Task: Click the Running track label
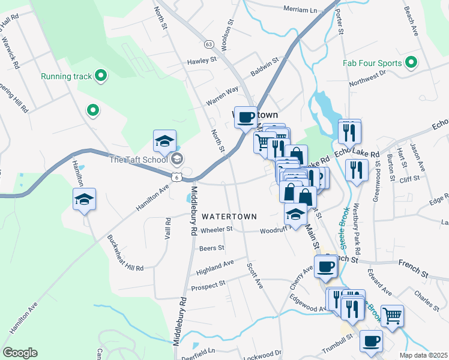pyautogui.click(x=66, y=76)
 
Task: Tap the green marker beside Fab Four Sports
pyautogui.click(x=411, y=62)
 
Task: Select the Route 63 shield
pyautogui.click(x=208, y=44)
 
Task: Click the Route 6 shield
pyautogui.click(x=175, y=176)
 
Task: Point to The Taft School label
pyautogui.click(x=138, y=159)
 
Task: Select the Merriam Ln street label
pyautogui.click(x=300, y=9)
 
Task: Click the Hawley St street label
pyautogui.click(x=201, y=61)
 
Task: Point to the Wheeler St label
pyautogui.click(x=216, y=229)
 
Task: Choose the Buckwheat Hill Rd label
pyautogui.click(x=126, y=253)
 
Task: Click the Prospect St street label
pyautogui.click(x=208, y=283)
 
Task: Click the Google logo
pyautogui.click(x=20, y=353)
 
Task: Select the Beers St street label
pyautogui.click(x=211, y=248)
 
